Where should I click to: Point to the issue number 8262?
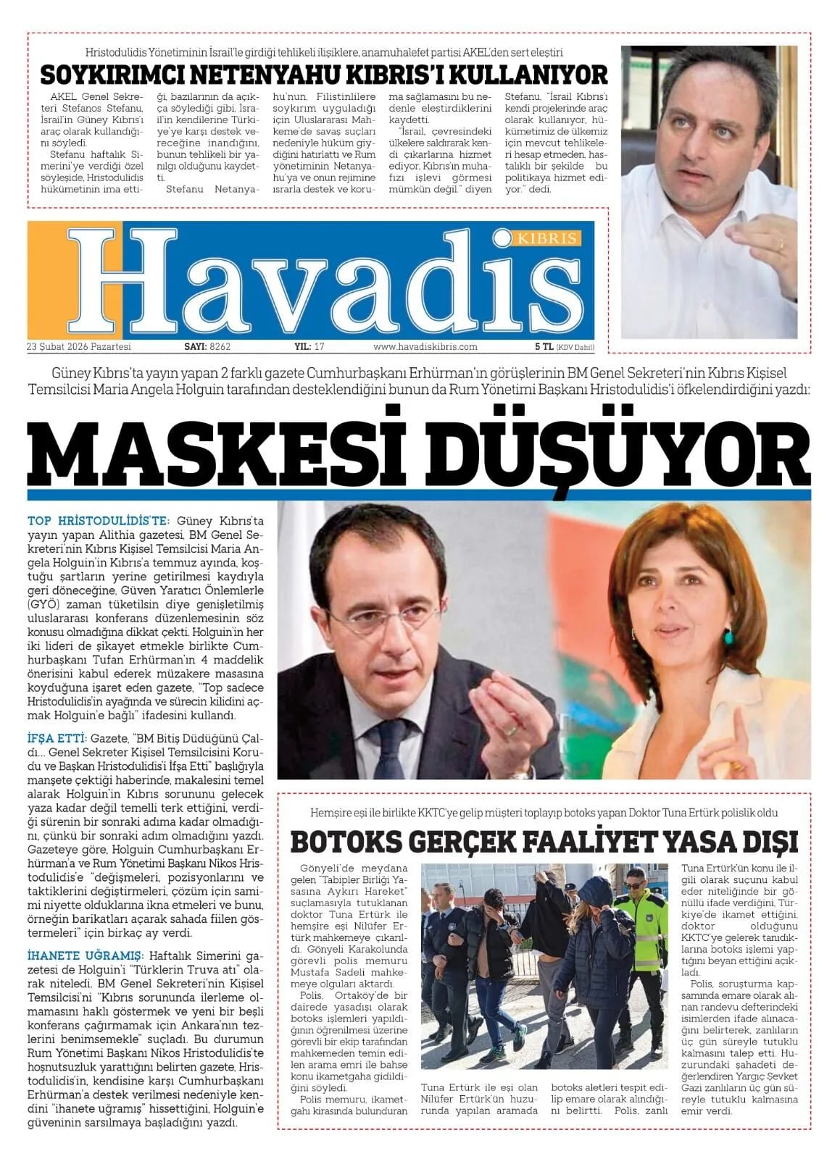click(x=220, y=347)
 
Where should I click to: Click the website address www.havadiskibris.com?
click(x=425, y=347)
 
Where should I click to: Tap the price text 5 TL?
click(x=544, y=347)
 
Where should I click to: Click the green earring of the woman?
click(x=728, y=637)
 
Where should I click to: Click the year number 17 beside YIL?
click(x=318, y=347)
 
